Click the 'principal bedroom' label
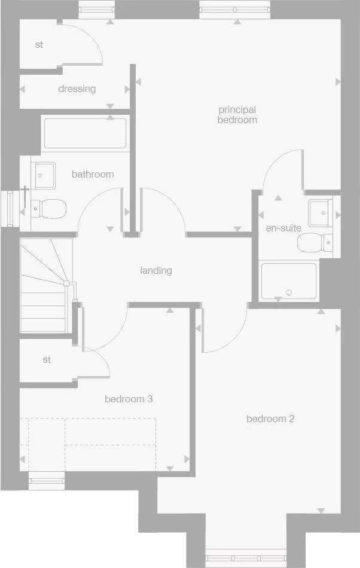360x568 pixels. [237, 115]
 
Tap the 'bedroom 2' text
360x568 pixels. [270, 419]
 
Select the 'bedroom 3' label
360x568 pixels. [129, 399]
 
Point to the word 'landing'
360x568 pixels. [156, 270]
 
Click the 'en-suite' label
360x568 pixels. [283, 228]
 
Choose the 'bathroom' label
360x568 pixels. [93, 174]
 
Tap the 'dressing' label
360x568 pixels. [77, 88]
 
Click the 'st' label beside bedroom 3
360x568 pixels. [47, 360]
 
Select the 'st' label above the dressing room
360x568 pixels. [39, 45]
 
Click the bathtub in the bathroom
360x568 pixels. [85, 133]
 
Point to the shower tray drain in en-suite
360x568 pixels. [289, 292]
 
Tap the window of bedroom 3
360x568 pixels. [47, 479]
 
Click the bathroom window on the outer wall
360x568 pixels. [10, 208]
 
